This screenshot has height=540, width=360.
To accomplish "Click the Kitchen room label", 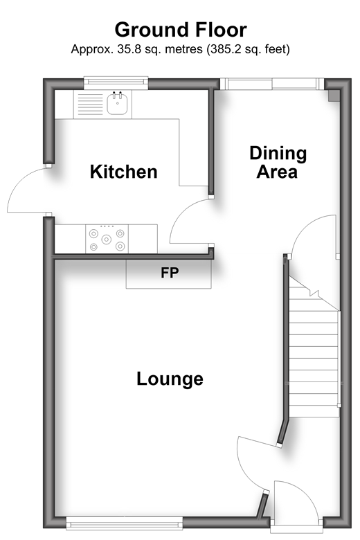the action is (x=124, y=172).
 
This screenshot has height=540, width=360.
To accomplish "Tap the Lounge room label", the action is (x=170, y=379).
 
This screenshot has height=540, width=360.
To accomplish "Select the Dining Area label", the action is (x=278, y=162).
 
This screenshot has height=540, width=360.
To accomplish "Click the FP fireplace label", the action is (x=170, y=273).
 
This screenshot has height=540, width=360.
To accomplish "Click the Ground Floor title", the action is (x=181, y=30).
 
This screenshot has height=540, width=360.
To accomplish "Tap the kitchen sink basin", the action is (x=117, y=103).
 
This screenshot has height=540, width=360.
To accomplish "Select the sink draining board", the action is (x=90, y=105).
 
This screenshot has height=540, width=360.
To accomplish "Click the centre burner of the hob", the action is (x=107, y=239).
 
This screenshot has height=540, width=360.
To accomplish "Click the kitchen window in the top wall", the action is (x=116, y=81).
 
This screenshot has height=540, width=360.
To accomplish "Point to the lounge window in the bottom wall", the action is (x=125, y=524).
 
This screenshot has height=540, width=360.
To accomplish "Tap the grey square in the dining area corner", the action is (x=334, y=96).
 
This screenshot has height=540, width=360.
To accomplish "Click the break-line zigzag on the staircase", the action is (x=314, y=293).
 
